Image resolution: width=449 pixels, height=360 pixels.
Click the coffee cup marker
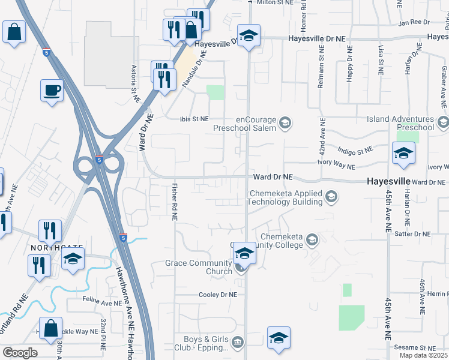pyautogui.click(x=52, y=91)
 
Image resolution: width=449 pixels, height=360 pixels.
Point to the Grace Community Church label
pyautogui.click(x=199, y=267)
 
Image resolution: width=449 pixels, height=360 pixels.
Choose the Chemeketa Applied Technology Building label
pyautogui.click(x=287, y=197)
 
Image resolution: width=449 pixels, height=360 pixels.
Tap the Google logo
pyautogui.click(x=20, y=353)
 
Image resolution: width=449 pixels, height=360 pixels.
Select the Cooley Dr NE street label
pyautogui.click(x=218, y=295)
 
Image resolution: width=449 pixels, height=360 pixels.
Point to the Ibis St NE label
pyautogui.click(x=194, y=119)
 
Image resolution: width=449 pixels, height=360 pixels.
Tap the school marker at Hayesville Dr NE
pyautogui.click(x=247, y=36)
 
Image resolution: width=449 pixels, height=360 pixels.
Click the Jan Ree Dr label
pyautogui.click(x=411, y=22)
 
